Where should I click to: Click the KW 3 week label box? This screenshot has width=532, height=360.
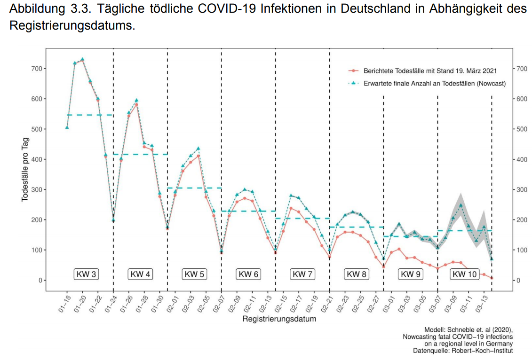[86, 274]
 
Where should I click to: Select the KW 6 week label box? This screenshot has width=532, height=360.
[248, 274]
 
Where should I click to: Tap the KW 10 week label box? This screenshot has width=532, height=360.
[465, 274]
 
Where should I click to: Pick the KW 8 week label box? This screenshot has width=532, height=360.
[356, 274]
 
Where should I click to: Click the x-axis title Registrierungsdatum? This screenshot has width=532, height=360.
[279, 319]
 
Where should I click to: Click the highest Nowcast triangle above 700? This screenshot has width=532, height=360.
[82, 60]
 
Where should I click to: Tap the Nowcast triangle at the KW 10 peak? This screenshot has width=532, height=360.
[461, 205]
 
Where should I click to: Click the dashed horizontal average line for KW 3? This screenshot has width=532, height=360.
[90, 115]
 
